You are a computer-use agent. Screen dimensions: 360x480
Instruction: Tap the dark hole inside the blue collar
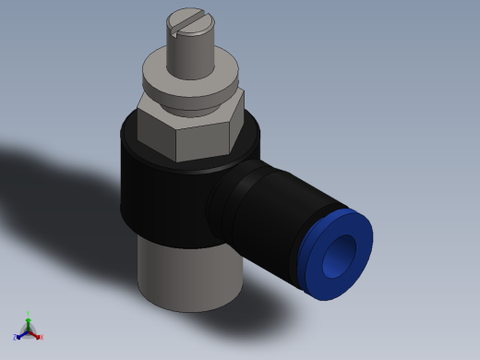344,250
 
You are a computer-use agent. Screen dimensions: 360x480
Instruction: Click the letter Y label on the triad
29,314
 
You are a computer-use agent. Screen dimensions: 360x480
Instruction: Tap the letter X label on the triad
41,337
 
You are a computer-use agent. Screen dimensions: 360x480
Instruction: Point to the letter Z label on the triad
15,338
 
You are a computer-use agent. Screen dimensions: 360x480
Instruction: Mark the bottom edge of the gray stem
189,309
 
